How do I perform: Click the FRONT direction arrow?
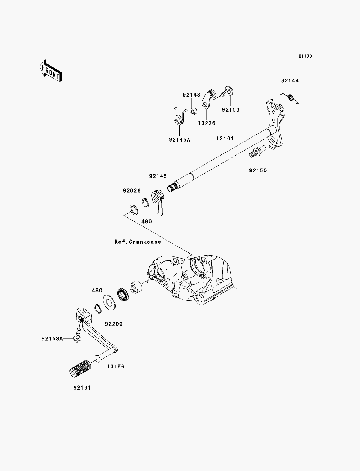tap(51, 71)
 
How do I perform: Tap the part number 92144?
tap(290, 81)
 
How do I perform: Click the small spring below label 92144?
tap(290, 98)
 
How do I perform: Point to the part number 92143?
tap(192, 95)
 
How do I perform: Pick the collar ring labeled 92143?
tap(194, 112)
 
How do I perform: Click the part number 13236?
tap(207, 124)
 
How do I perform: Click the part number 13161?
tap(225, 139)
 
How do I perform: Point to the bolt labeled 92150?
tap(257, 152)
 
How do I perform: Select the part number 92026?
tap(132, 190)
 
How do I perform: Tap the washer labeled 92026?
tap(134, 210)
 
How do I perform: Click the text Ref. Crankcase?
tap(138, 242)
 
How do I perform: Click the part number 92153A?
tap(52, 338)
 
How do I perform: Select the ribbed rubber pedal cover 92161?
tap(80, 368)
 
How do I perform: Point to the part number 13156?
tap(116, 367)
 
